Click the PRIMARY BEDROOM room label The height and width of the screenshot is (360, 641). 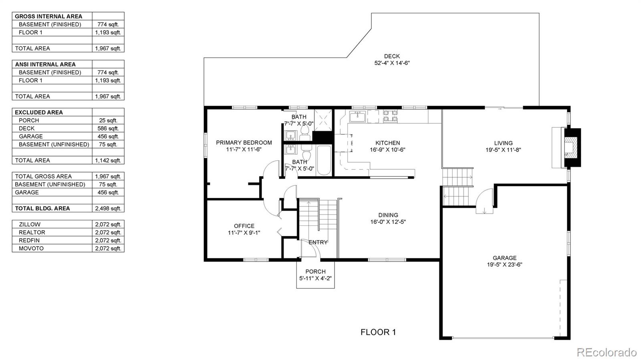(x=244, y=143)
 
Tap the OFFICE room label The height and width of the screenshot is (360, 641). (x=244, y=226)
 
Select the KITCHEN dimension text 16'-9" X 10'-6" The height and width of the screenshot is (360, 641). (x=387, y=150)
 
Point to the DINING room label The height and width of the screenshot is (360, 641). (x=388, y=215)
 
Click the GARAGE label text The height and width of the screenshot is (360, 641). (x=504, y=258)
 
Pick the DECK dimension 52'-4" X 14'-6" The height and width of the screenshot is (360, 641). (x=391, y=63)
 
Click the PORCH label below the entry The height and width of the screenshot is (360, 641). (x=315, y=272)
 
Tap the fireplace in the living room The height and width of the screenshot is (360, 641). (x=572, y=147)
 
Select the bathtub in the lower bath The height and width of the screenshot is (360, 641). (x=324, y=161)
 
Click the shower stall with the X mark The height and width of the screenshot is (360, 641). (x=323, y=119)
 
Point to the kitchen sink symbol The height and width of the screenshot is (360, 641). (x=357, y=117)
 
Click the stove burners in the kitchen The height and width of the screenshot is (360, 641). (x=390, y=117)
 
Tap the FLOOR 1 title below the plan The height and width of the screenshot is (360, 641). (x=378, y=332)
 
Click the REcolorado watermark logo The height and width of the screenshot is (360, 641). (x=606, y=352)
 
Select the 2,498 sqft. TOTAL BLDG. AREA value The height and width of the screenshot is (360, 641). (x=108, y=208)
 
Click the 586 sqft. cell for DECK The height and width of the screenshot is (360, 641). (x=108, y=128)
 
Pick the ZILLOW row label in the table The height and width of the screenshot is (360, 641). (x=29, y=224)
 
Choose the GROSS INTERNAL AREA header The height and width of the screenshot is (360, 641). (x=48, y=16)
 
